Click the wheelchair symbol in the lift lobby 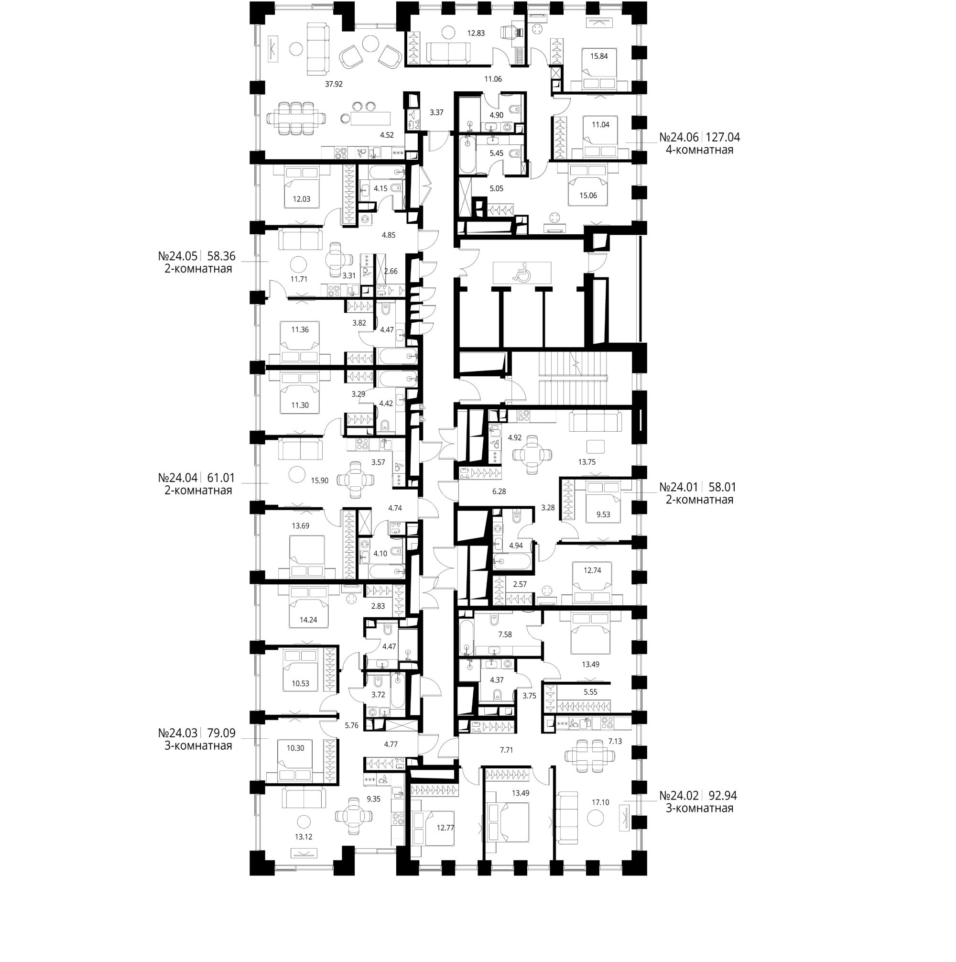[522, 273]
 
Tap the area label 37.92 [334, 84]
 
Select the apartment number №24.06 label [680, 137]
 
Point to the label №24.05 [178, 256]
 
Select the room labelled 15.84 [599, 56]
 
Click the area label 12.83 [476, 33]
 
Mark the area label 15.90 [320, 481]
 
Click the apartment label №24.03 [178, 733]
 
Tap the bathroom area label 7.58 [505, 634]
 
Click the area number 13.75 [587, 461]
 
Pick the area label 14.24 [308, 620]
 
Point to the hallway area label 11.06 [493, 79]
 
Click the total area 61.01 [221, 478]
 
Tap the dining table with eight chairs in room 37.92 [297, 119]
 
